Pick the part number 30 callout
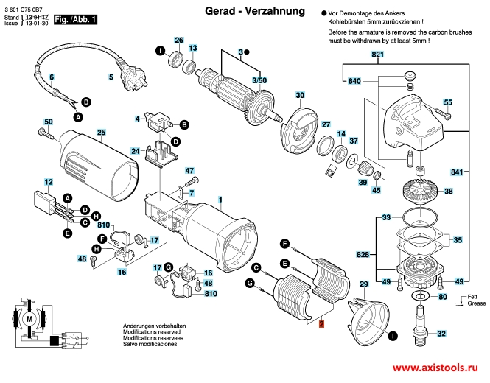coord(300,96)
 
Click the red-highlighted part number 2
coord(321,323)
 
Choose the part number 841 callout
coord(458,172)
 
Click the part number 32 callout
coord(441,334)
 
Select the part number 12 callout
coord(48,181)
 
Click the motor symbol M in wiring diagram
coord(31,319)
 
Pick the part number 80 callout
coord(441,297)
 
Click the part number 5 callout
coord(111,76)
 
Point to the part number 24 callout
coord(136,151)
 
